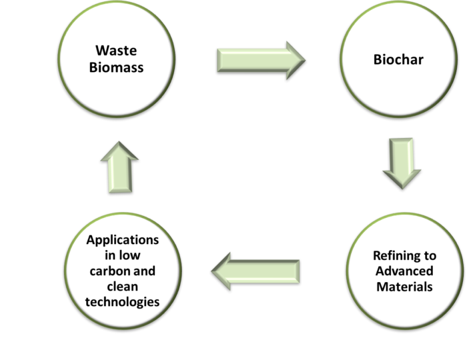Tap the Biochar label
398,60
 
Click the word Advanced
404,271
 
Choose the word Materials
404,287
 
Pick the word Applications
123,240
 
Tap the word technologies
123,302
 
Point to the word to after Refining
429,255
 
